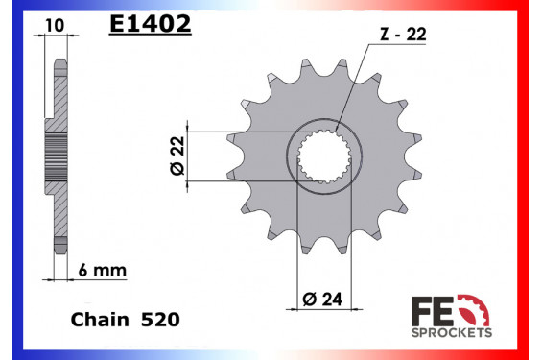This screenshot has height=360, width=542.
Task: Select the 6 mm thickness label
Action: (106, 272)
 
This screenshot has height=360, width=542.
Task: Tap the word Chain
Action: (100, 317)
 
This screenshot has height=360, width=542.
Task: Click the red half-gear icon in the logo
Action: (477, 310)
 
